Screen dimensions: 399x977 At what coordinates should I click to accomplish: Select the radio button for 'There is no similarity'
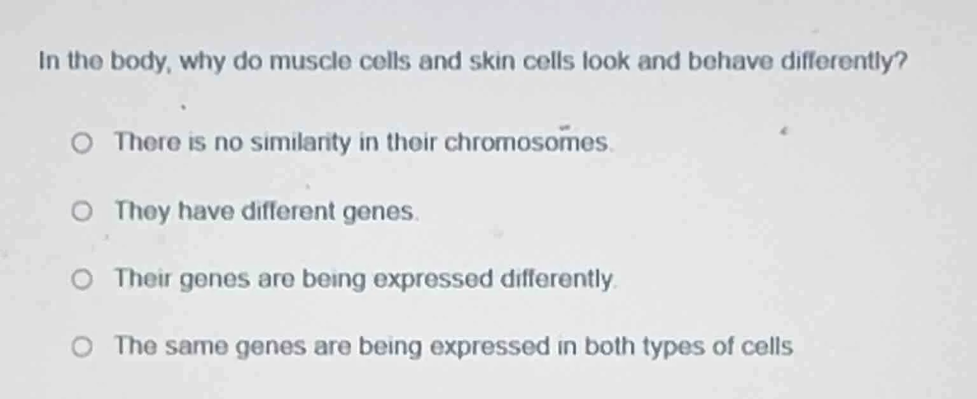pos(81,144)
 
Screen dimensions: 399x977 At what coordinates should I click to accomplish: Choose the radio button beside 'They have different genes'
pos(81,212)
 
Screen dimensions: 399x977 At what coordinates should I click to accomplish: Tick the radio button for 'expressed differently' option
pos(81,279)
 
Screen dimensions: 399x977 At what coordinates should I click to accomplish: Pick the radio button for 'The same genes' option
pos(81,347)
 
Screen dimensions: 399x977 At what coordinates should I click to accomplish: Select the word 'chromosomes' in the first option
pos(527,143)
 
